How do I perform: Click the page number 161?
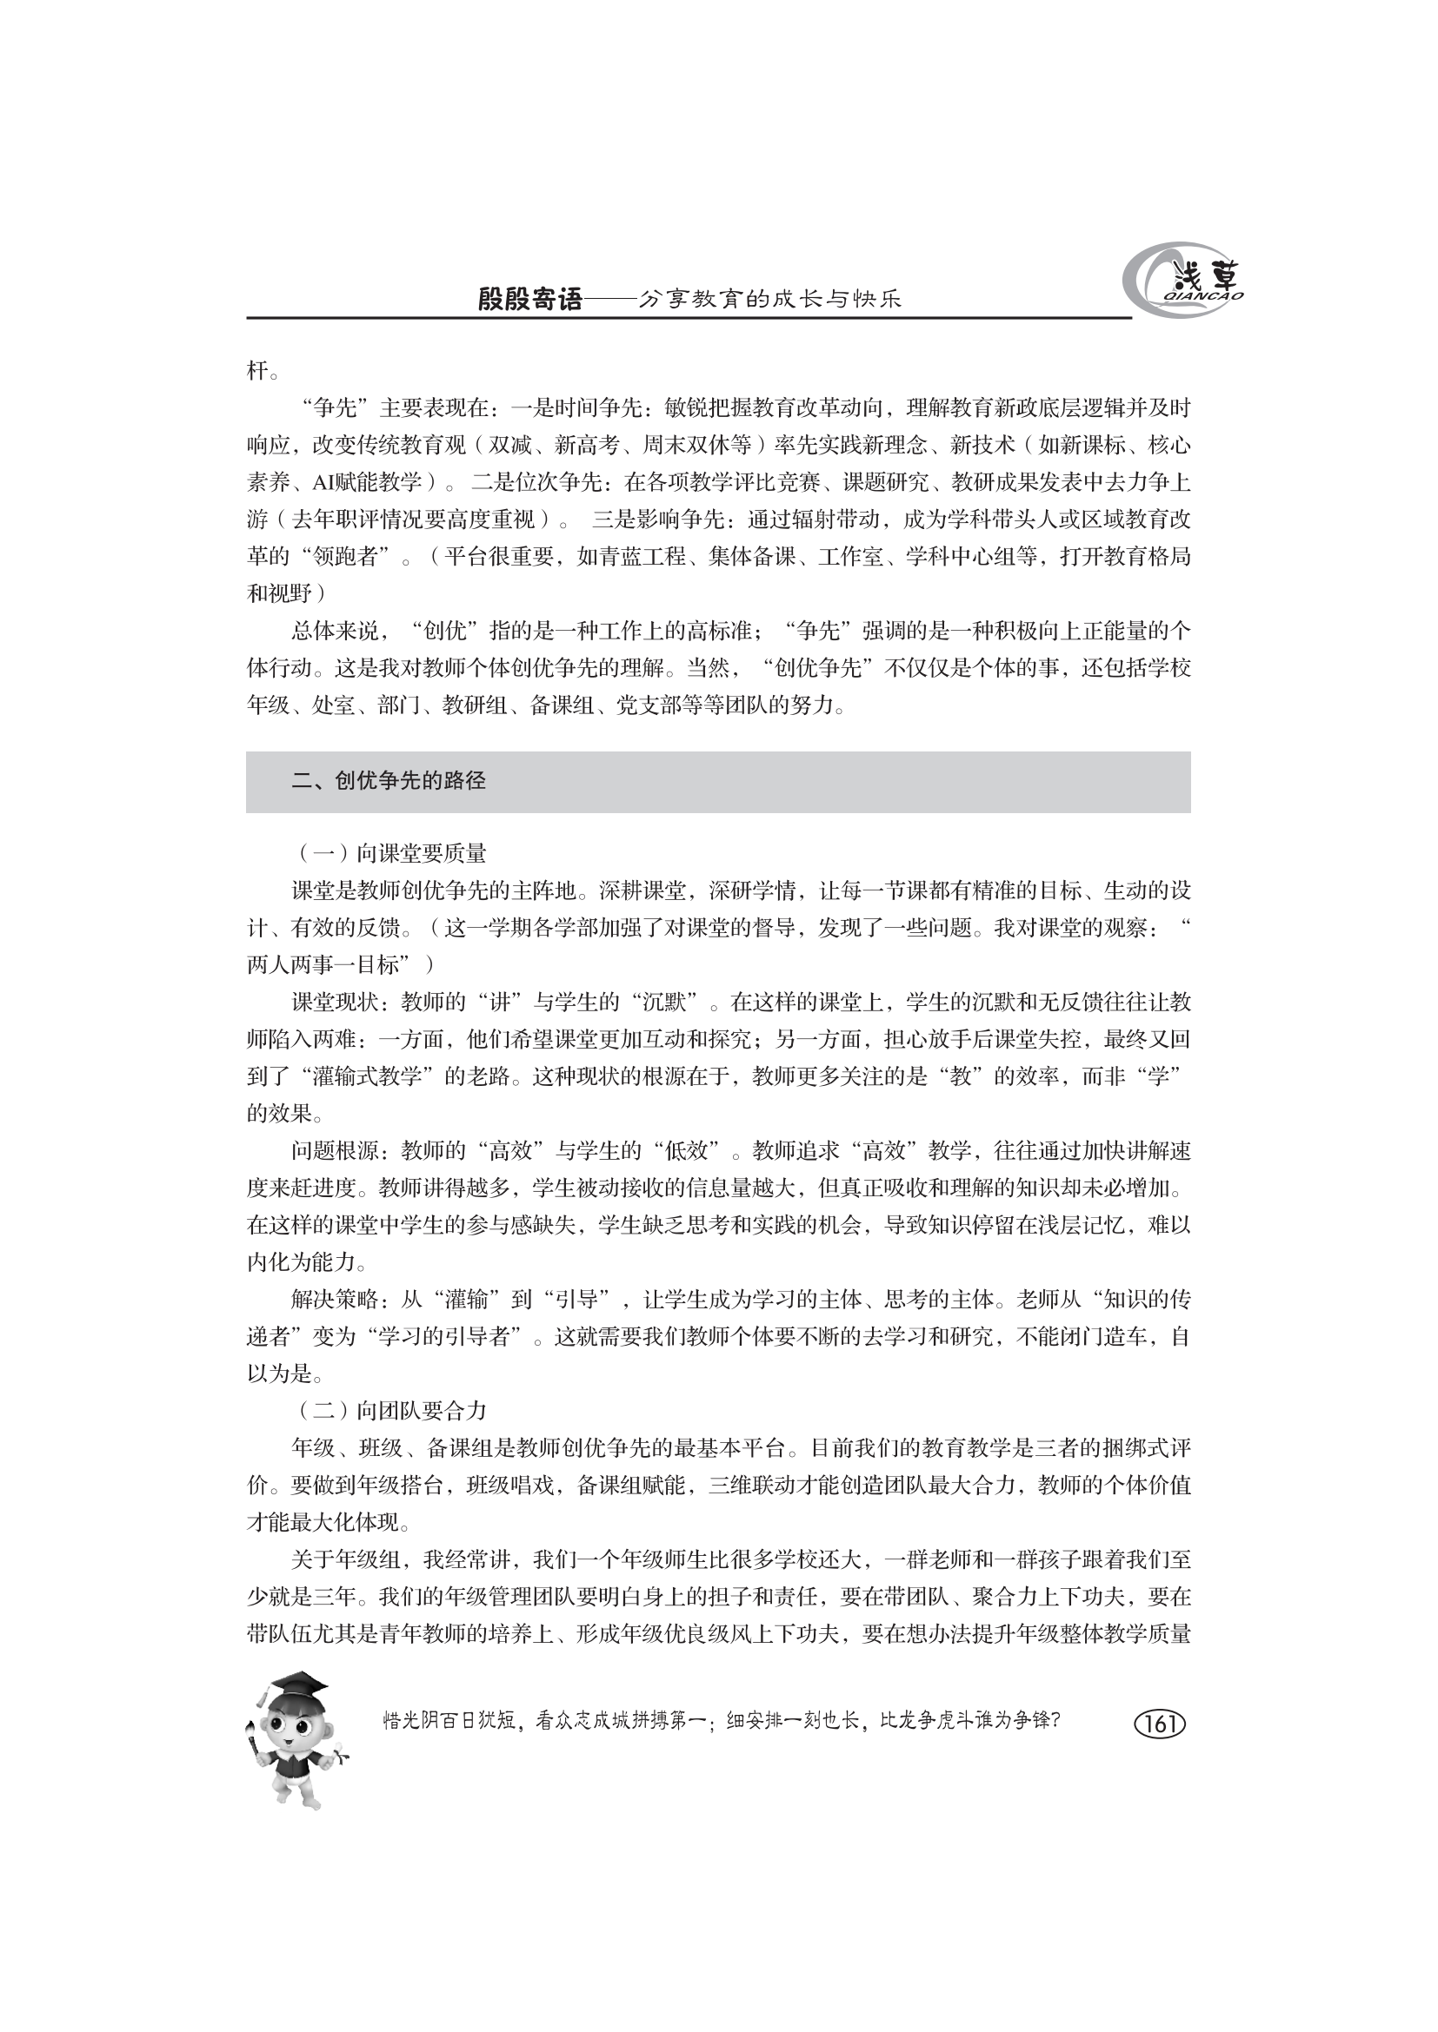coord(1159,1723)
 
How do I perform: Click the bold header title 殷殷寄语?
coord(530,301)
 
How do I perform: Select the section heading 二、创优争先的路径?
coord(389,781)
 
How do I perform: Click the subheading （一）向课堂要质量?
coord(390,853)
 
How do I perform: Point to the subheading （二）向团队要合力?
coord(390,1411)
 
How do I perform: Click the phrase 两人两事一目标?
coord(323,964)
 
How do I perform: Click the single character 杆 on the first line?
coord(256,371)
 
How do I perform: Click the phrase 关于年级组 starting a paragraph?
coord(346,1559)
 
